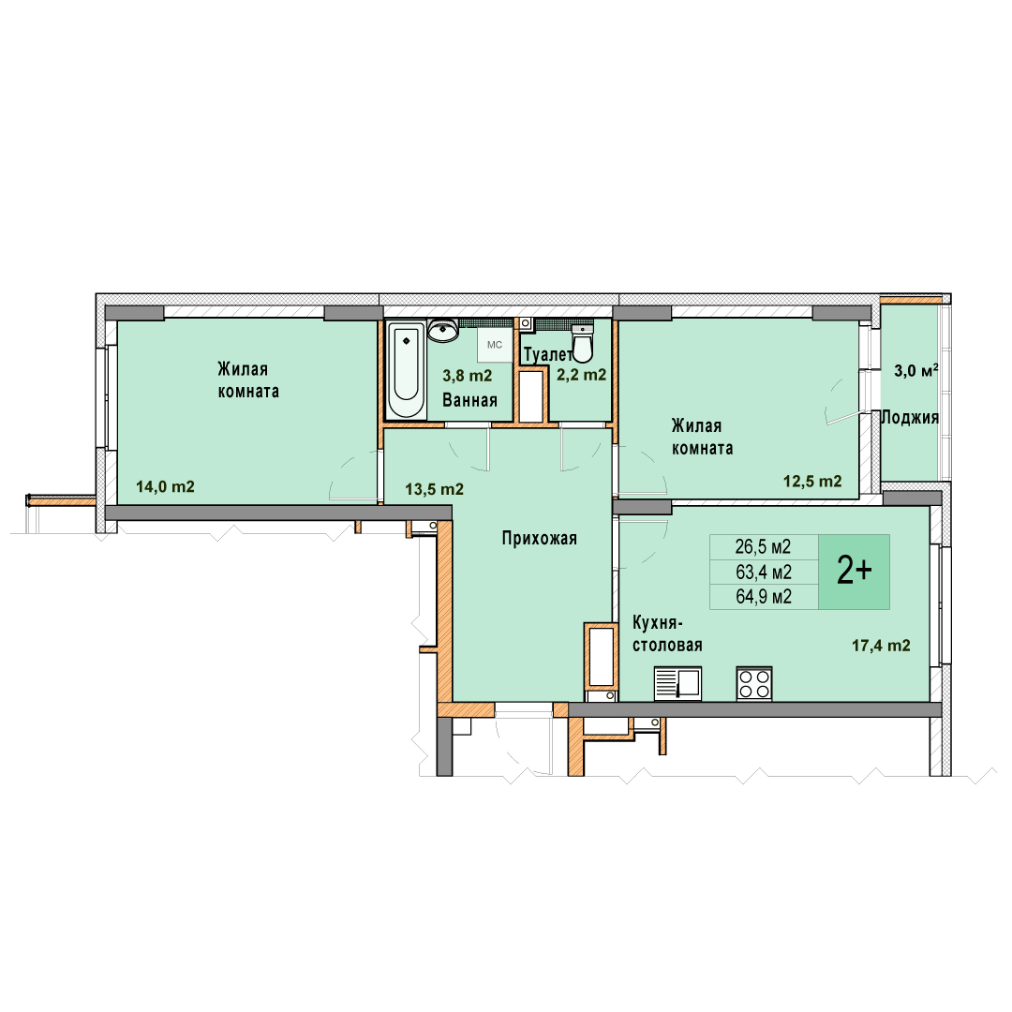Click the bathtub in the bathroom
[x=406, y=370]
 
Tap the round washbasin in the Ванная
[x=442, y=330]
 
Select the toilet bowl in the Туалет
[x=583, y=343]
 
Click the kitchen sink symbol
[x=677, y=683]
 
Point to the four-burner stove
[x=754, y=683]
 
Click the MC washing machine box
[x=495, y=345]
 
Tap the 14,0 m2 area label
[x=165, y=486]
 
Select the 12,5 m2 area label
[x=812, y=481]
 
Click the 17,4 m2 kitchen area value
[x=881, y=645]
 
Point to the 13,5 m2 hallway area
[x=435, y=489]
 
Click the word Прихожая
[x=540, y=538]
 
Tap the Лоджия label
[x=910, y=418]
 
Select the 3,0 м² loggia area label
[x=915, y=370]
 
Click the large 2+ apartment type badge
[x=854, y=572]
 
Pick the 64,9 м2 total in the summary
[x=764, y=596]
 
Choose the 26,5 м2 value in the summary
[x=763, y=546]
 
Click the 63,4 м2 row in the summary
[x=764, y=572]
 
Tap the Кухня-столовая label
[x=667, y=633]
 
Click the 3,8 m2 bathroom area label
[x=468, y=376]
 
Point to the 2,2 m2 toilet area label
[x=582, y=375]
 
